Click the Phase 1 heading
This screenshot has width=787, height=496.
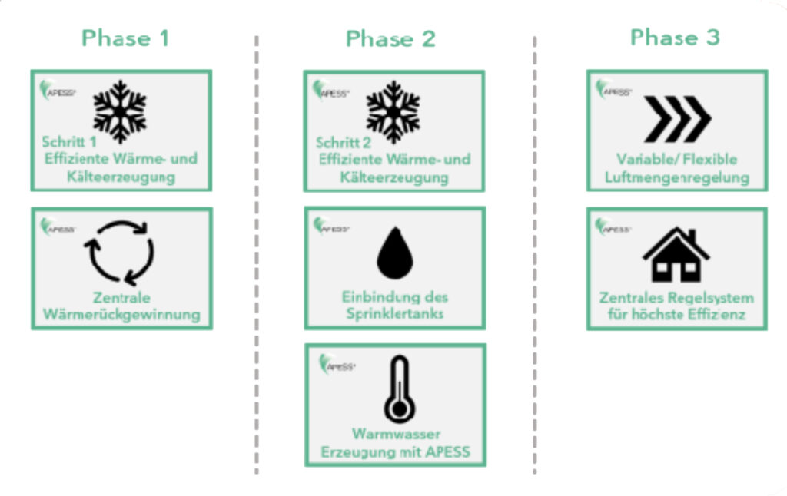pos(125,38)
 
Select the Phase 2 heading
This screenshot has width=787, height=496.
pos(390,39)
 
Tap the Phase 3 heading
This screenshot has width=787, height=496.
pos(675,37)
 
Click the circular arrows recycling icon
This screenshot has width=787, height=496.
pos(119,252)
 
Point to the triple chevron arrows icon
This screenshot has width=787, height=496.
pos(676,119)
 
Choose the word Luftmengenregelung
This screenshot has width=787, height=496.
pos(677,178)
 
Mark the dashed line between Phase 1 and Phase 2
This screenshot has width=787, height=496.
pos(256,253)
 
